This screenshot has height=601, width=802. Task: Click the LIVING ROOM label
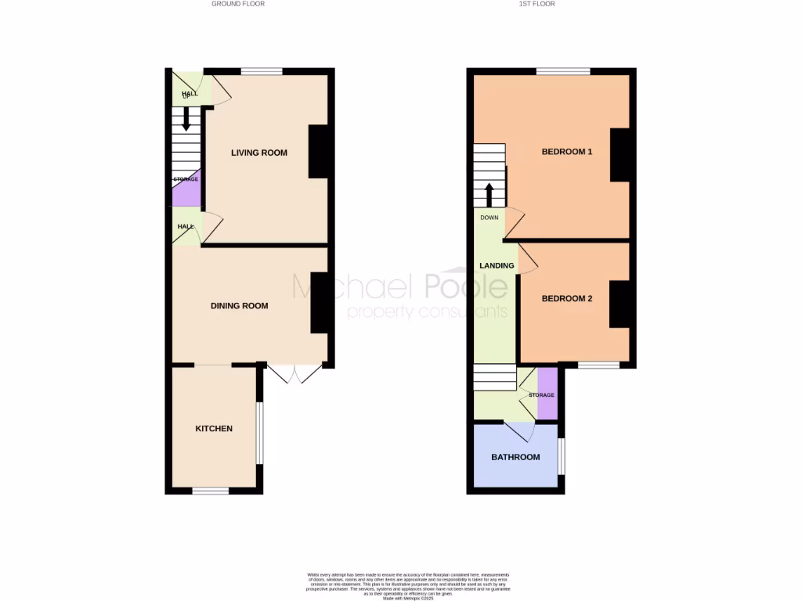click(x=258, y=153)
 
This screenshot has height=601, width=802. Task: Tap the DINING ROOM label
click(x=239, y=306)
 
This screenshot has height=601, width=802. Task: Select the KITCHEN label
click(x=214, y=429)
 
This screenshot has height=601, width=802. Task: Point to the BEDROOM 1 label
click(x=567, y=152)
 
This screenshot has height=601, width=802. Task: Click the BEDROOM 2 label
click(x=567, y=298)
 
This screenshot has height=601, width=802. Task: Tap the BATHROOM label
click(x=515, y=457)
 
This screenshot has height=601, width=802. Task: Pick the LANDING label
click(x=497, y=266)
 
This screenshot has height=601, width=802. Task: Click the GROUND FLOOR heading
click(x=238, y=4)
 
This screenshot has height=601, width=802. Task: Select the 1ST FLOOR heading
click(x=536, y=4)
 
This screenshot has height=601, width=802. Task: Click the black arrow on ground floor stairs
click(x=186, y=119)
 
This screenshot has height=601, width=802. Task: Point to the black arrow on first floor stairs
click(x=490, y=193)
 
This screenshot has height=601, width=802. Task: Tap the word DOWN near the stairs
click(x=490, y=218)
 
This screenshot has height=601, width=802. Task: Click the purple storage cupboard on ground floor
click(x=187, y=189)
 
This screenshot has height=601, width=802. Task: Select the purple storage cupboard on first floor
click(x=547, y=394)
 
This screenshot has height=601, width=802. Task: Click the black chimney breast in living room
click(x=318, y=151)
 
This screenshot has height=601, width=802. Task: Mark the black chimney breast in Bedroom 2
click(x=620, y=304)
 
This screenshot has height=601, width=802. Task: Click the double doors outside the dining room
click(x=294, y=374)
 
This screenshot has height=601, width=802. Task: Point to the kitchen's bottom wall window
click(x=211, y=491)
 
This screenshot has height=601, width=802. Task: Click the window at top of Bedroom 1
click(x=563, y=72)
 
